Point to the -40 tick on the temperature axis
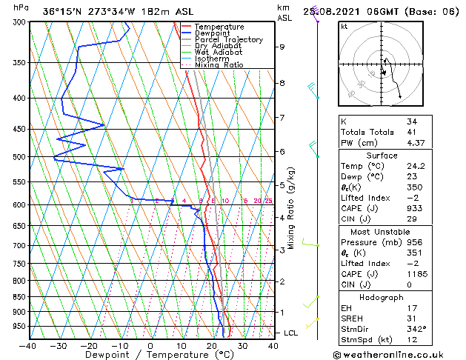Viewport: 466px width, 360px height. click(x=28, y=345)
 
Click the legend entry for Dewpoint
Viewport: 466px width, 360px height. click(x=213, y=33)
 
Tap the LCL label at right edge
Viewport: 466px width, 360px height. click(x=291, y=333)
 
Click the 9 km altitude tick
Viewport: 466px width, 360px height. click(x=282, y=47)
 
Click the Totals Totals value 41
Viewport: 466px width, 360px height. click(x=411, y=132)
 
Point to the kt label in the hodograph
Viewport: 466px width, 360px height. click(x=344, y=26)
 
